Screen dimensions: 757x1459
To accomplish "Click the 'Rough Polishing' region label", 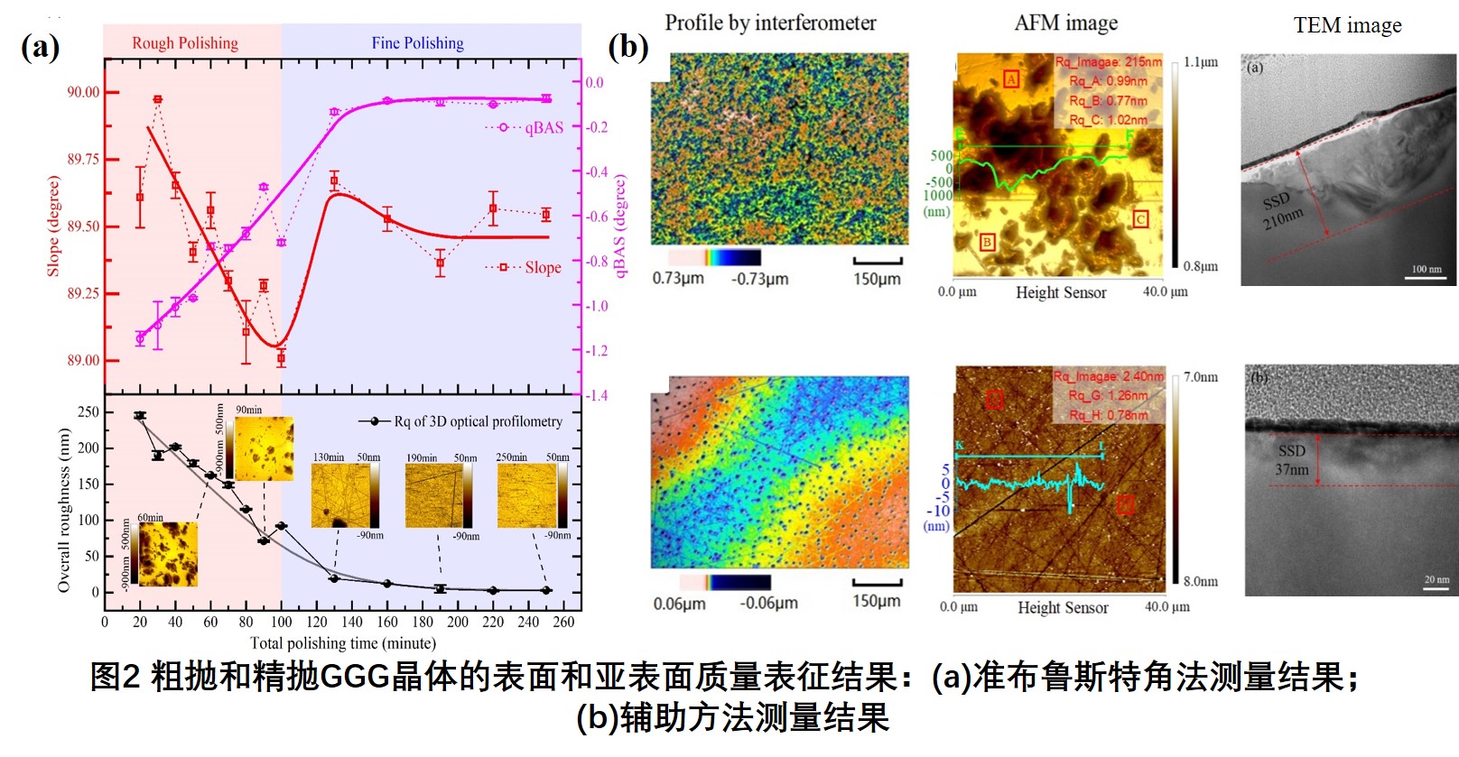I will pos(185,43).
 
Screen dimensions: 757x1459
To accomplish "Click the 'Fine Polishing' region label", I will pos(417,43).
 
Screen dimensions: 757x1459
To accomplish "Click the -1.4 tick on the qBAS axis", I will pos(597,395).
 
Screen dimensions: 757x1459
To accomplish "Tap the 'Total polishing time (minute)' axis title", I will pos(342,643).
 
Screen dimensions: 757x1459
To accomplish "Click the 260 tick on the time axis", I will pos(563,622).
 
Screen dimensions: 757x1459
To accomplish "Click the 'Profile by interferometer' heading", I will pos(770,23).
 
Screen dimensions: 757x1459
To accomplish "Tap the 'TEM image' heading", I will pos(1347,25).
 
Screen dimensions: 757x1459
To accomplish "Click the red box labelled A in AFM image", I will pos(1011,79).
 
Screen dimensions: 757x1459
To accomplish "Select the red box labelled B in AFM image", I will pos(987,242).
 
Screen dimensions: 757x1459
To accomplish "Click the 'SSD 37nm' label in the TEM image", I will pos(1292,460).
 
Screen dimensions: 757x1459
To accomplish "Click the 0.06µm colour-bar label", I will pos(679,604).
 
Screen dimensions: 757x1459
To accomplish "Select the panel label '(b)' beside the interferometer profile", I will pos(628,47).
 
